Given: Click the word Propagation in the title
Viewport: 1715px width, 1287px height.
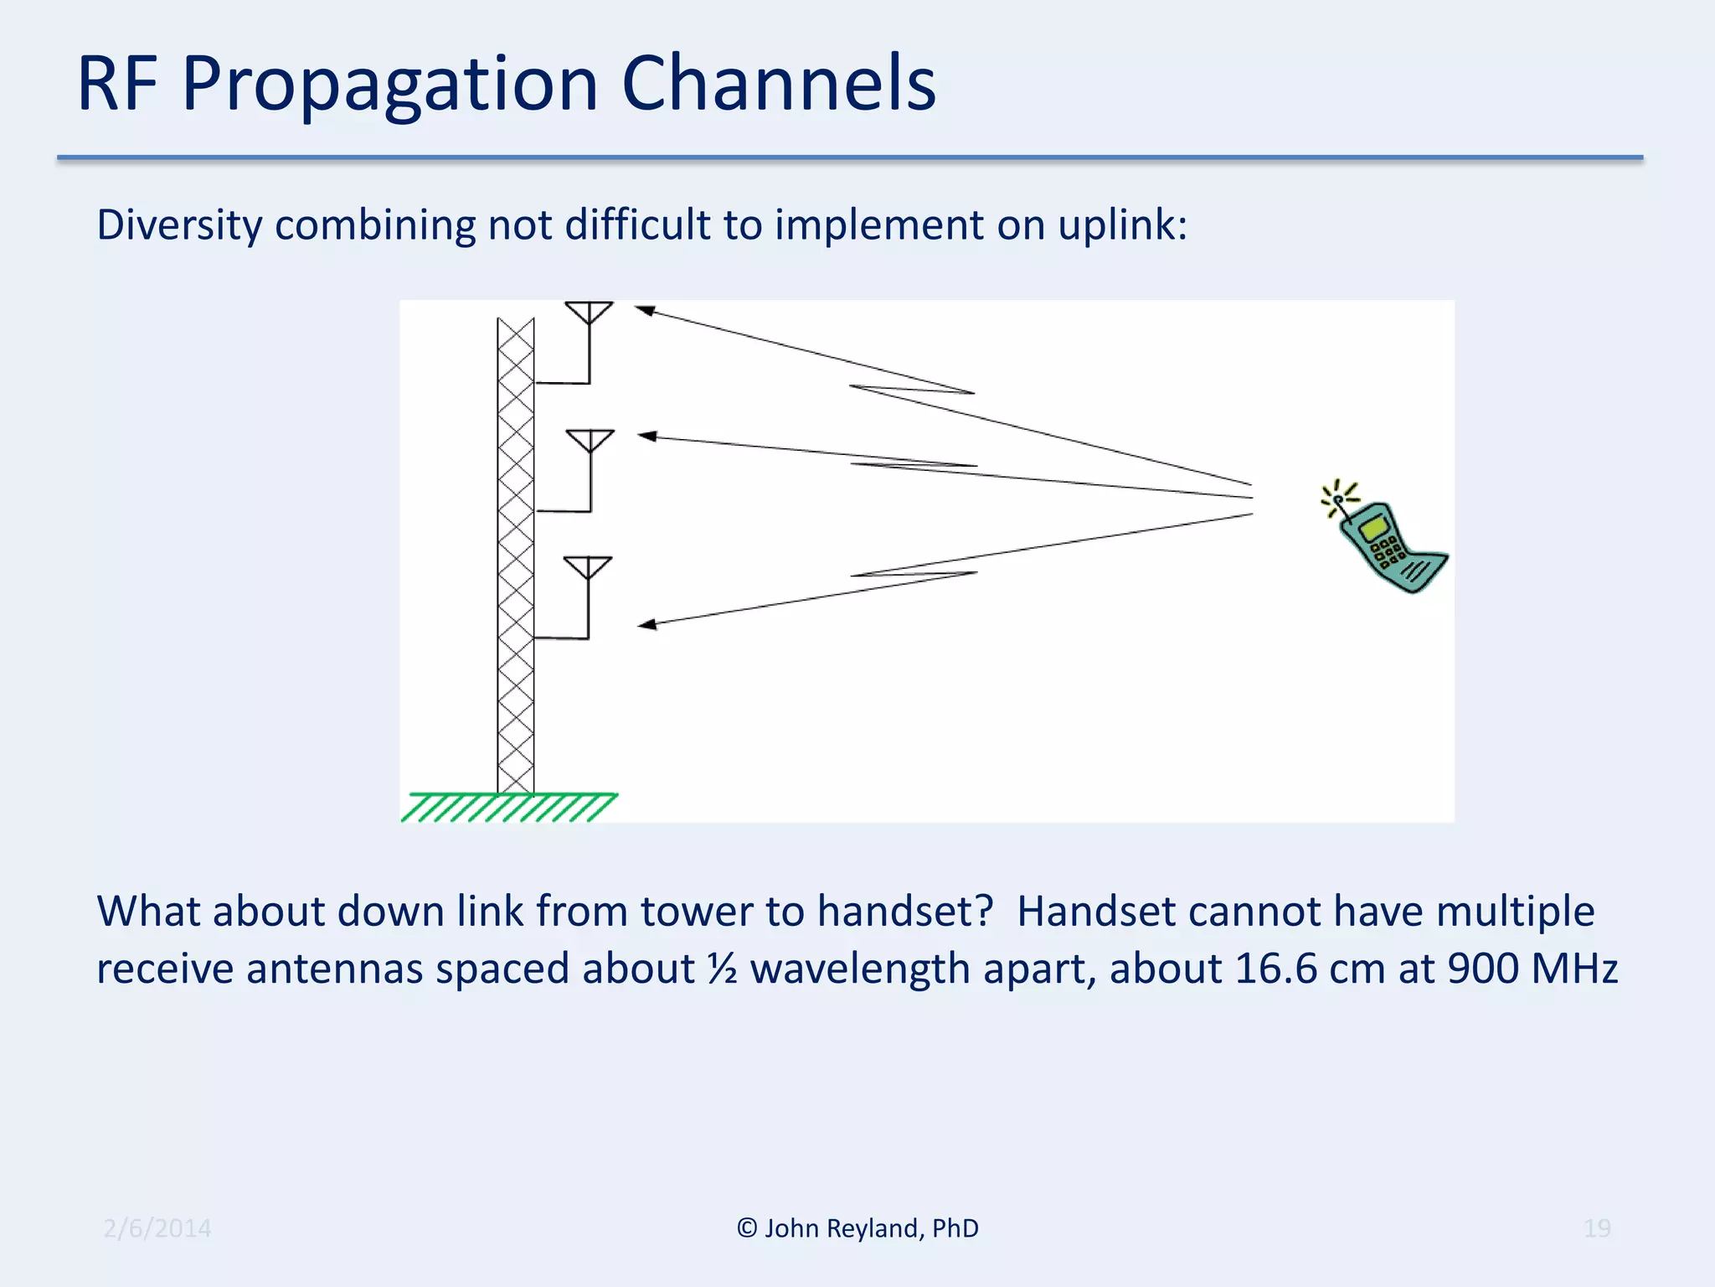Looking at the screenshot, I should (x=390, y=84).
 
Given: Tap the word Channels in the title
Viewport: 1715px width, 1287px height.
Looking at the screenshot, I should (x=779, y=84).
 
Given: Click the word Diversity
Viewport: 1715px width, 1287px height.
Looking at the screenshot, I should (x=179, y=225).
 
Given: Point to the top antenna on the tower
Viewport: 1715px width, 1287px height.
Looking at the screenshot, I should (x=589, y=313).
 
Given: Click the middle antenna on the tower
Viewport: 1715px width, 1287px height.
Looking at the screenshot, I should (x=590, y=442).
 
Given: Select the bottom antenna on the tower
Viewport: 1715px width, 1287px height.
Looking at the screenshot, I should (x=588, y=568).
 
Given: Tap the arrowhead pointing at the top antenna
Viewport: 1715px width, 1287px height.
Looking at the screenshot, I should (x=643, y=310).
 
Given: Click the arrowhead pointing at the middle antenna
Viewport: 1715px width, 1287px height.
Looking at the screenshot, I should (x=646, y=436).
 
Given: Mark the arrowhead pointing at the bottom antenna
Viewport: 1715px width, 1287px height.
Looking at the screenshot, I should (x=646, y=624).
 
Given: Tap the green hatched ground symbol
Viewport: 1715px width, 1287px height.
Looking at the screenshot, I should (x=509, y=808).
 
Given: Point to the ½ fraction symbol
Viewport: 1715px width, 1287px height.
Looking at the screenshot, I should (x=722, y=969).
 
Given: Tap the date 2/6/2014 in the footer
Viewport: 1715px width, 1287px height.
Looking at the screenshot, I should (x=157, y=1228).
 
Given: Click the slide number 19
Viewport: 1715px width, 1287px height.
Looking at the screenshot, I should (x=1596, y=1228).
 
